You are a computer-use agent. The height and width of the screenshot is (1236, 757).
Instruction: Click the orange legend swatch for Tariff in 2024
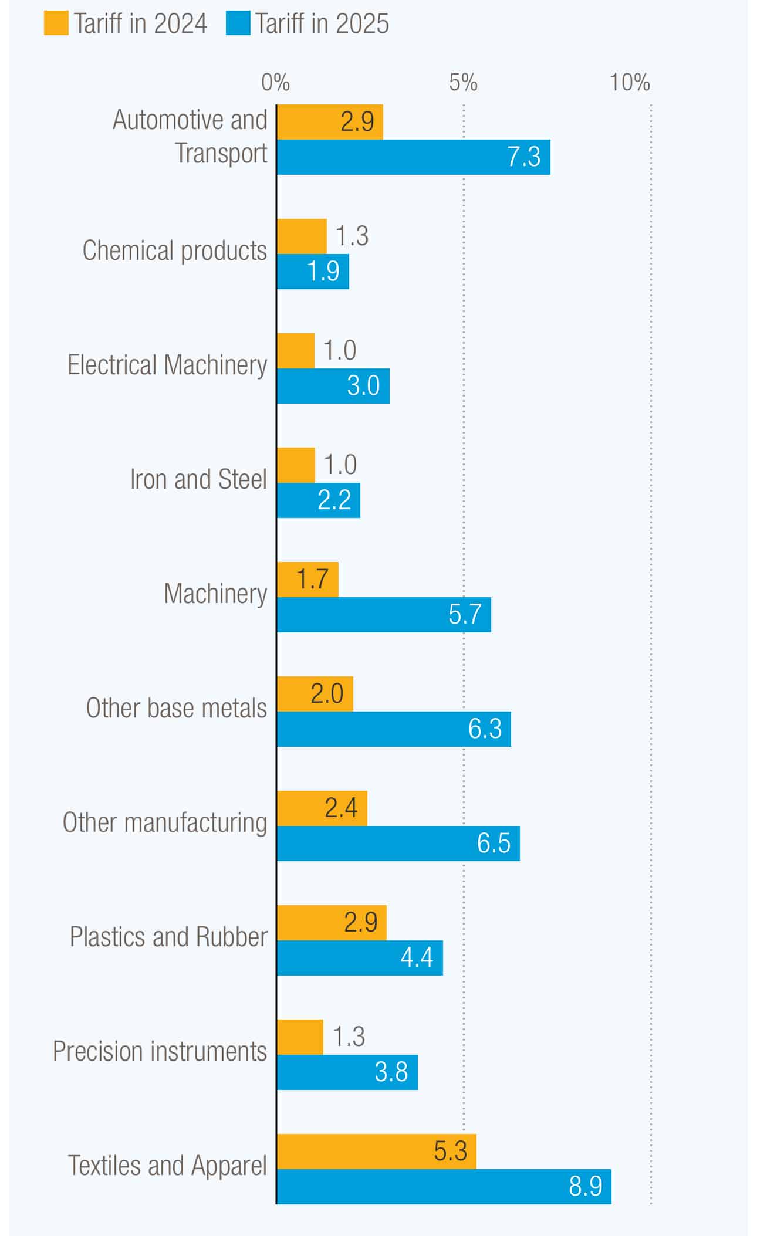tap(56, 23)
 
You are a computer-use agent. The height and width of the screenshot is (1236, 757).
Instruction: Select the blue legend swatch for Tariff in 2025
tap(238, 23)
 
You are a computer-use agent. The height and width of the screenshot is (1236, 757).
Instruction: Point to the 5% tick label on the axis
tap(463, 83)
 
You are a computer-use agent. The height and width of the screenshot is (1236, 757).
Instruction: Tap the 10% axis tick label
tap(630, 83)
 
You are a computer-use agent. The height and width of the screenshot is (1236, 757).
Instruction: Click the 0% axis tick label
tap(275, 83)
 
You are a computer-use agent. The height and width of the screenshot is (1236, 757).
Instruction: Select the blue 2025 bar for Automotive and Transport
tap(413, 157)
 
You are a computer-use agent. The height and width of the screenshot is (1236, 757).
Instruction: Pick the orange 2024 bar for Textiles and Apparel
tap(376, 1151)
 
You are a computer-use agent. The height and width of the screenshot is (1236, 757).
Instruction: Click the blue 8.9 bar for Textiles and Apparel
tap(444, 1186)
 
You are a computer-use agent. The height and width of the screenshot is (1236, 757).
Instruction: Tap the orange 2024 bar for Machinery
tap(307, 580)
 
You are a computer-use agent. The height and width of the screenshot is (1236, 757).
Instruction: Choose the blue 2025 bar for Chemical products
tap(313, 272)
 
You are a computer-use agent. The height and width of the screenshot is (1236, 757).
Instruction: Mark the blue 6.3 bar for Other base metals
tap(394, 729)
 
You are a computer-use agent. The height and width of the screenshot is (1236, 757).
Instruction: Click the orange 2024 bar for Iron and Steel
tap(296, 465)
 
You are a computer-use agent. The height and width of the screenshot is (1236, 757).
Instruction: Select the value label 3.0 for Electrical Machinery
tap(363, 386)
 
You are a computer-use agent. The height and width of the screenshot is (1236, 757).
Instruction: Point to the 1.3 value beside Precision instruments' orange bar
tap(349, 1037)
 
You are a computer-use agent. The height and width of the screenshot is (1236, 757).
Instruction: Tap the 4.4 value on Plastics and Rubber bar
tap(417, 957)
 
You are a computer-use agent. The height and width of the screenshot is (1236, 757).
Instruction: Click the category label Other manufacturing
tap(165, 822)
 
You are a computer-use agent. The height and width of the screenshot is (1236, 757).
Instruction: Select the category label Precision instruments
tap(160, 1051)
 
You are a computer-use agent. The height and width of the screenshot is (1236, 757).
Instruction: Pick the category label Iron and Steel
tap(198, 479)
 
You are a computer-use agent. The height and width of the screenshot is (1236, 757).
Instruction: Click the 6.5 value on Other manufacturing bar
tap(494, 843)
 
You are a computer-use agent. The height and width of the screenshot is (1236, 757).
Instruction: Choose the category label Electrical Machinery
tap(167, 365)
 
